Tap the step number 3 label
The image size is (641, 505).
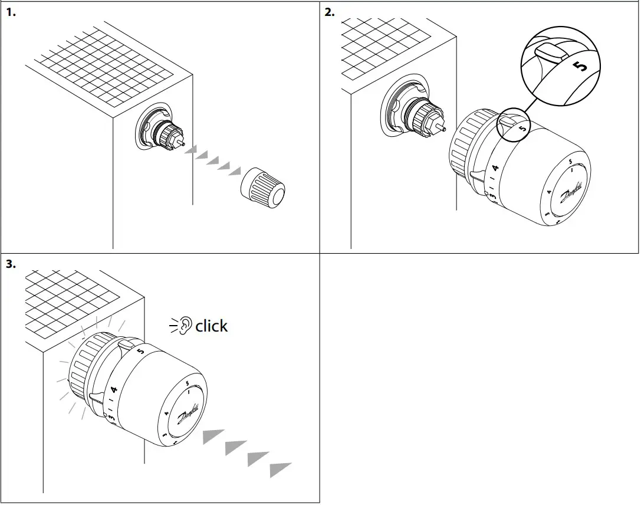[11, 264]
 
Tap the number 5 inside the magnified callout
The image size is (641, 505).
[581, 66]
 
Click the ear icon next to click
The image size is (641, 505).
[186, 325]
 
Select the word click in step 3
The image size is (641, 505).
[211, 326]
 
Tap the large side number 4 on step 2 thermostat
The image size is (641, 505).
[495, 168]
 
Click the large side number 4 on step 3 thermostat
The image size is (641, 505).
[114, 389]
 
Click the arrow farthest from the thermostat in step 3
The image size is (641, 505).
[281, 470]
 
